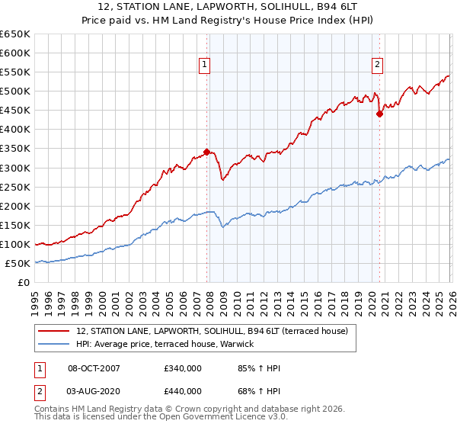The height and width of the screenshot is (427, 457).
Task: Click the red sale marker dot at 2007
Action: click(x=206, y=152)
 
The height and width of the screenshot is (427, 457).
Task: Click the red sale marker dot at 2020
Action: click(x=379, y=114)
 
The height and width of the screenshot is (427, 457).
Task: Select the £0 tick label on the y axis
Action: click(x=24, y=282)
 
